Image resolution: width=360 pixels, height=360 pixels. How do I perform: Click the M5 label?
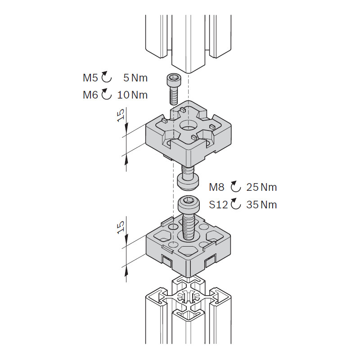click(90, 78)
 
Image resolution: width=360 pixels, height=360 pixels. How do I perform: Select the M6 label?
click(90, 95)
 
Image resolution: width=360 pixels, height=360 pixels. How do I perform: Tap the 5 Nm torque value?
click(135, 78)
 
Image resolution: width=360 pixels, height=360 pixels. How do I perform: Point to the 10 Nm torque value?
click(132, 95)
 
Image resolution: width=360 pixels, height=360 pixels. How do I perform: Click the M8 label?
click(216, 187)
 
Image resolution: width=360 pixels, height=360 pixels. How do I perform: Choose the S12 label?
click(218, 204)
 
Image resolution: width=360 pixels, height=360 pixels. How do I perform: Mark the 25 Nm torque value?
click(261, 187)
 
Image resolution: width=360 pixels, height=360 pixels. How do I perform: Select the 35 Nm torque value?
click(261, 204)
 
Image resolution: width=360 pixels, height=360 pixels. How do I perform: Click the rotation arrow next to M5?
click(106, 77)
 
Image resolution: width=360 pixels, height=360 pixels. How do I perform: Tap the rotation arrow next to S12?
click(236, 203)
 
